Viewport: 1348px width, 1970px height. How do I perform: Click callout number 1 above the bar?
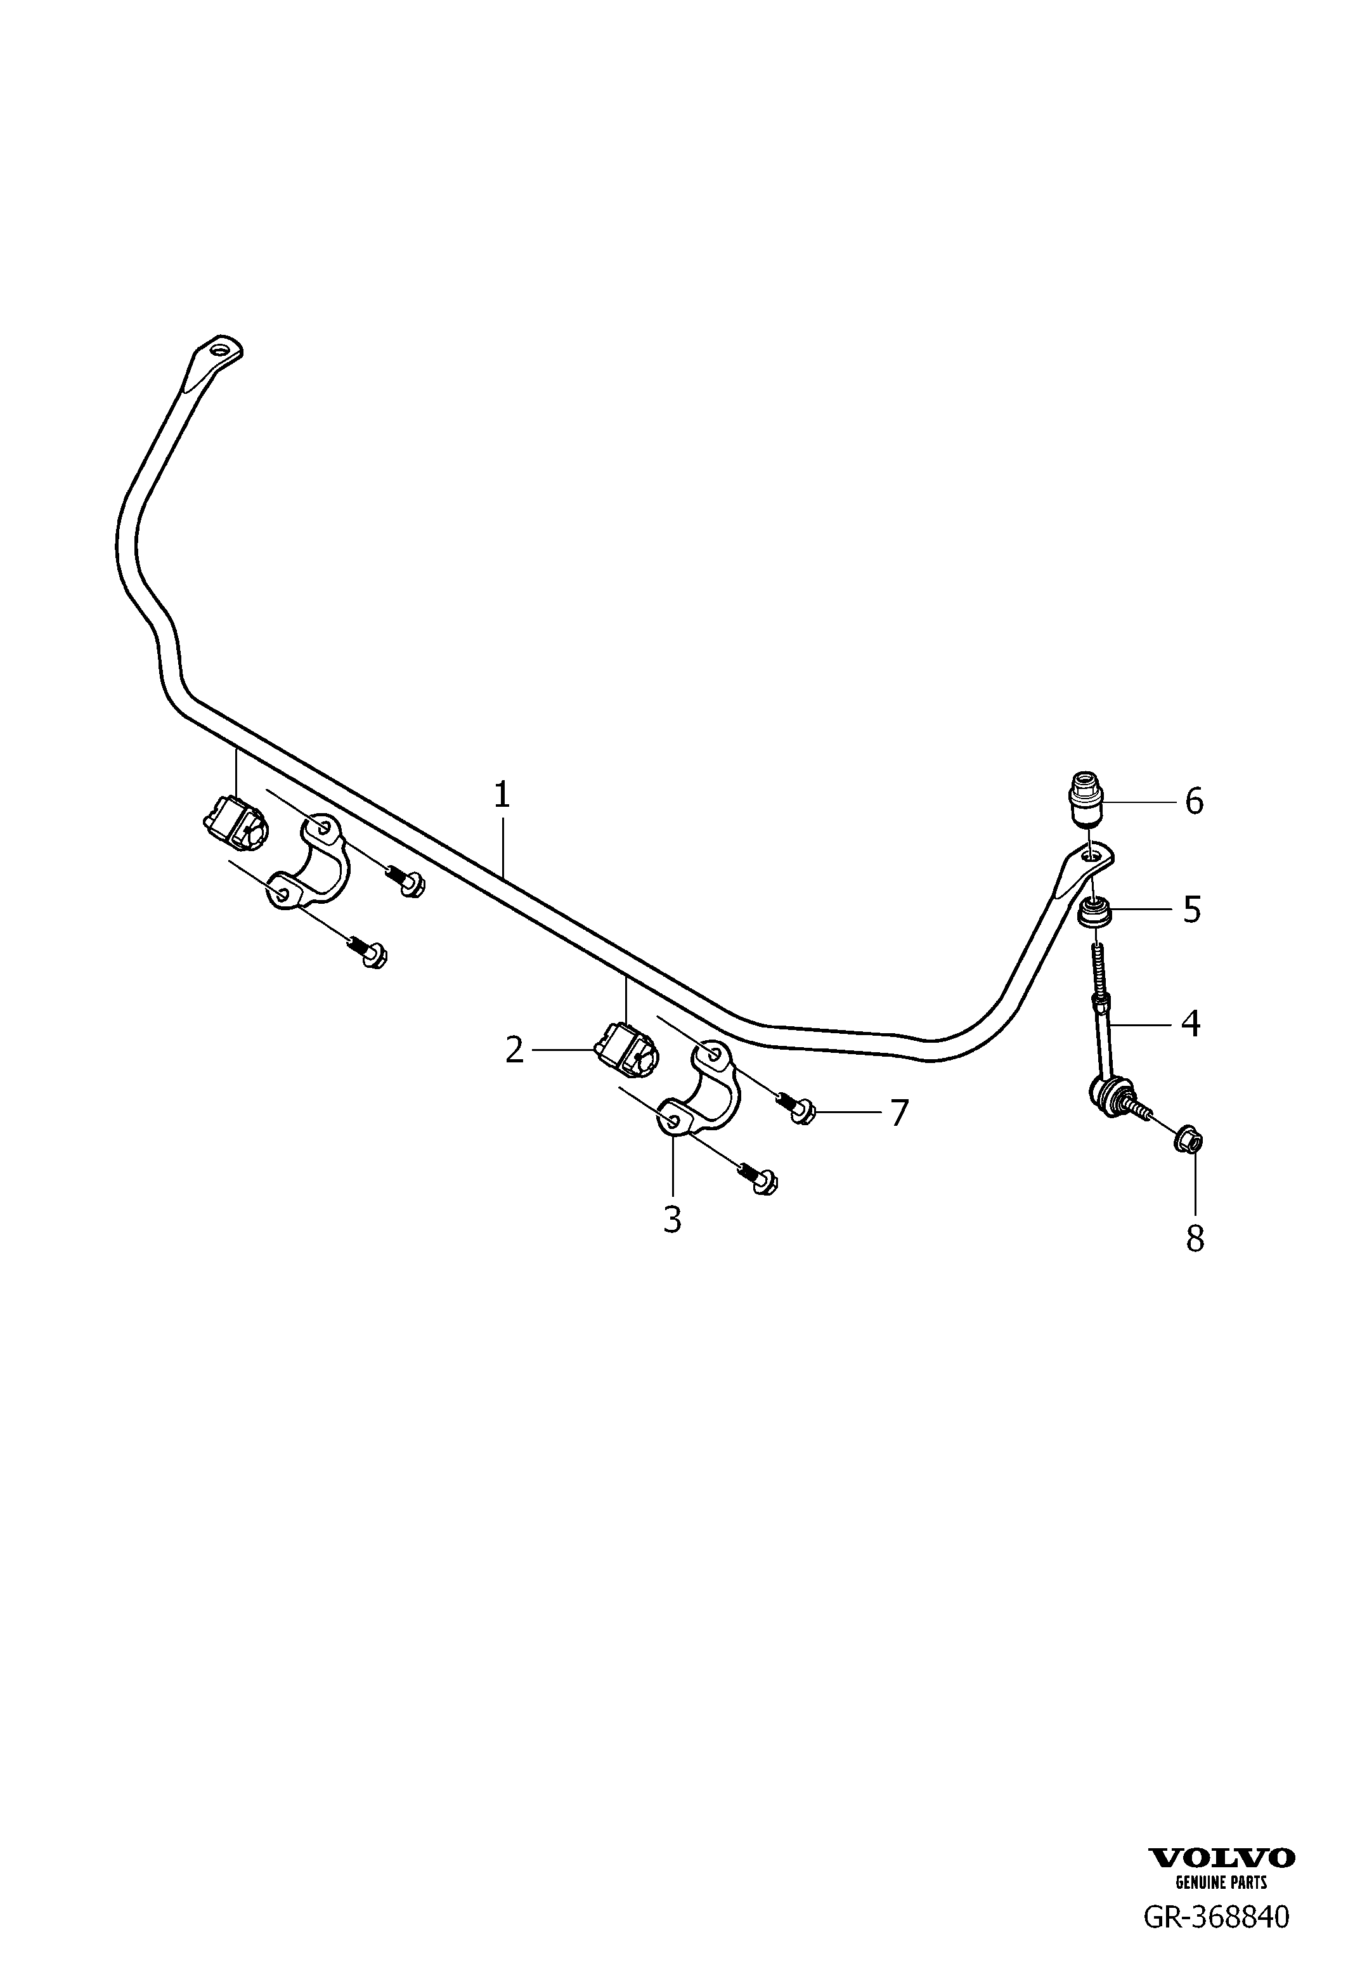coord(502,795)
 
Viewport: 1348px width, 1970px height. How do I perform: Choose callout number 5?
coord(1192,910)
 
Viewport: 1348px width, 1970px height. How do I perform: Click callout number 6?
coord(1194,801)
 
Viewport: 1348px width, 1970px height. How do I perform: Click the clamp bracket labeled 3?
coord(699,1088)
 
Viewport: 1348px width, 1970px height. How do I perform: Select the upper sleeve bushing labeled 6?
coord(1084,799)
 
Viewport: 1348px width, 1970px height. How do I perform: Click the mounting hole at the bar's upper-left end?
coord(222,349)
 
